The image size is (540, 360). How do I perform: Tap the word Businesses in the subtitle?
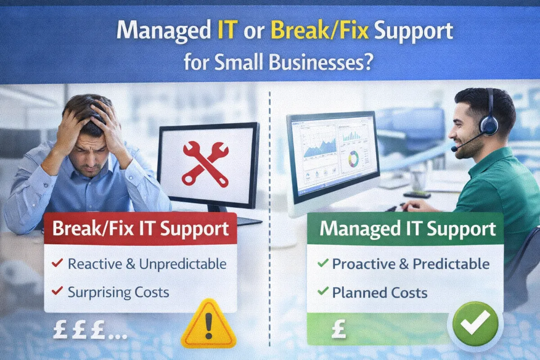315,63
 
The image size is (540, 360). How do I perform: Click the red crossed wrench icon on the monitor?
206,164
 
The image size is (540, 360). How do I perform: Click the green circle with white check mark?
475,323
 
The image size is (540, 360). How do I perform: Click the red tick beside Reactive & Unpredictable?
57,263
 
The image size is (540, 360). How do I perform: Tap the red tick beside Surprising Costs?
57,291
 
